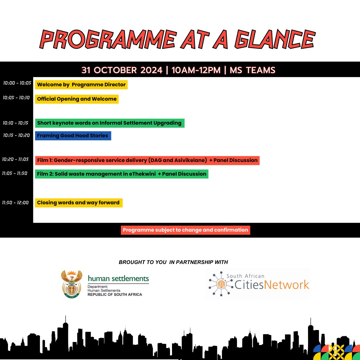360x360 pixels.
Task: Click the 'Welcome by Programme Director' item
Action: coord(81,85)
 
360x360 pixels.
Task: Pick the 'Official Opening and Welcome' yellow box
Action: coord(77,99)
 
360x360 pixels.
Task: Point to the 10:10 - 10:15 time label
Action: coord(17,123)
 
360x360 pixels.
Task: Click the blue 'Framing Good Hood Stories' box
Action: coord(73,136)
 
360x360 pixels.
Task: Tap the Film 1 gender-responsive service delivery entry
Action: coord(147,160)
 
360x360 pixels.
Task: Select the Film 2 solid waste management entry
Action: coord(122,174)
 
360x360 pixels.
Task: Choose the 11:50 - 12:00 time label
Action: coord(16,203)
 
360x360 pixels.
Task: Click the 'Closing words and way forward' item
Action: coord(78,203)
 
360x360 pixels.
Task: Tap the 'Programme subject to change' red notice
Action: coord(185,230)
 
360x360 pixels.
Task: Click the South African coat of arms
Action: coord(71,284)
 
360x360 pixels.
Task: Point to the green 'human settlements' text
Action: coord(118,279)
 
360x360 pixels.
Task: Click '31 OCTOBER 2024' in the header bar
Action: coord(122,70)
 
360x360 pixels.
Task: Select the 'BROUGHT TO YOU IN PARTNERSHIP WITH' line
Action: coord(173,262)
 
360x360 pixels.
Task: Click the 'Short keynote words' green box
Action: coord(109,123)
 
